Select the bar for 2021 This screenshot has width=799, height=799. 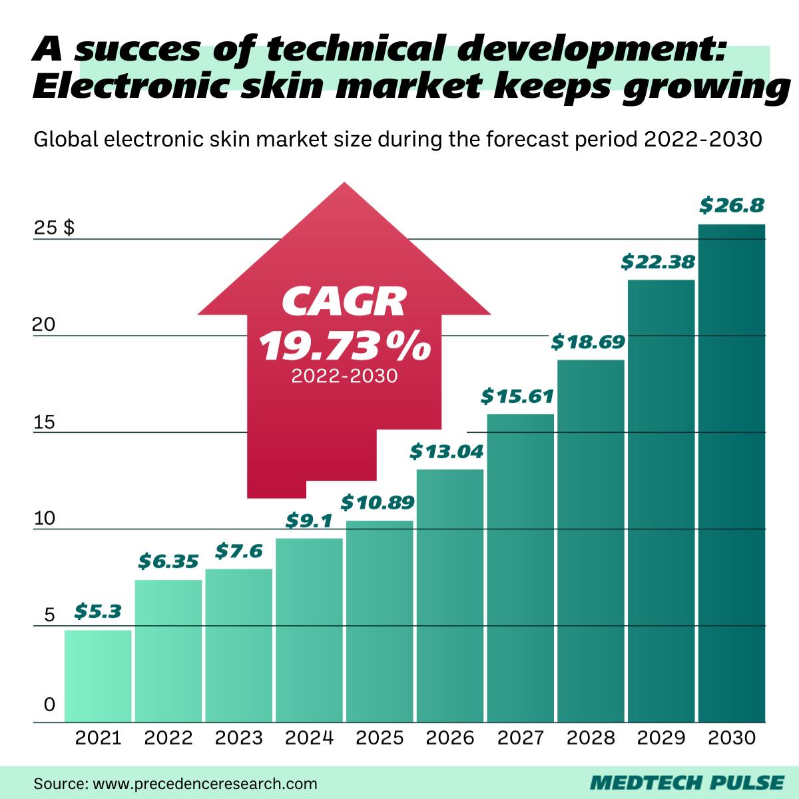(98, 676)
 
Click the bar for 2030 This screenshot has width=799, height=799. (731, 473)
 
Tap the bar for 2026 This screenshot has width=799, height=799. (450, 596)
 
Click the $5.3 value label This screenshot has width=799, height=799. (98, 611)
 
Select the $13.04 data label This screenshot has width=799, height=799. (446, 451)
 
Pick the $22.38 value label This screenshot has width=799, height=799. (658, 262)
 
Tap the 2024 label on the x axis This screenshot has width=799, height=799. (309, 738)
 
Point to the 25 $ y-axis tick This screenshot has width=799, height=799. (54, 228)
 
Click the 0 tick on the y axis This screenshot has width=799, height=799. (49, 705)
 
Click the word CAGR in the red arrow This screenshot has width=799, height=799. (344, 302)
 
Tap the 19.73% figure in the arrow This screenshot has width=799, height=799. (344, 346)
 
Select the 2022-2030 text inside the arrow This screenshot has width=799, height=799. (344, 376)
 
